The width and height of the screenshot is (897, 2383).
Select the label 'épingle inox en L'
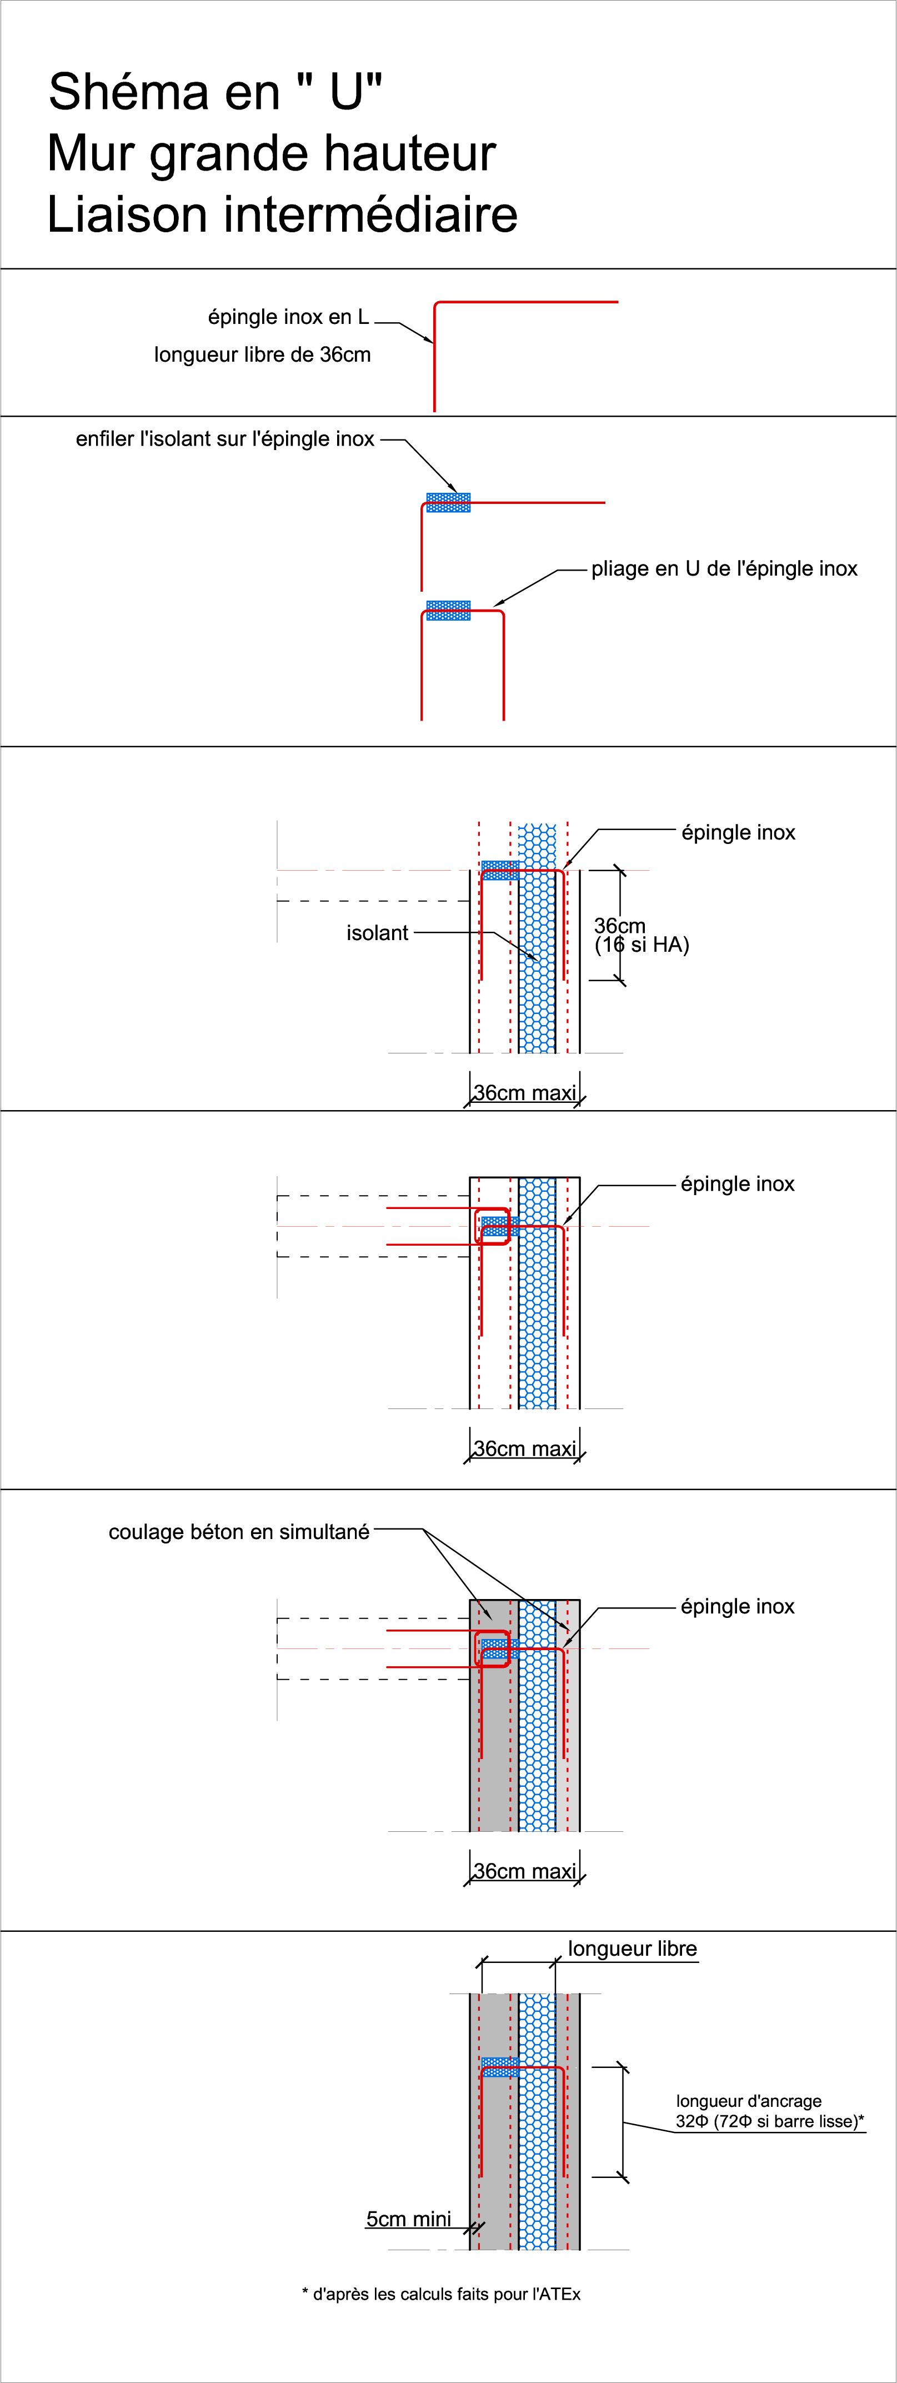(288, 317)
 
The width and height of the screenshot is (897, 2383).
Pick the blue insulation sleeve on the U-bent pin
(449, 611)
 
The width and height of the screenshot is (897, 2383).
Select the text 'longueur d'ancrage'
(748, 2101)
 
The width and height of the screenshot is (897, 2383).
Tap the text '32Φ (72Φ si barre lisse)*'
(769, 2121)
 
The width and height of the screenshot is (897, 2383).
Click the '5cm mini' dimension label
(409, 2219)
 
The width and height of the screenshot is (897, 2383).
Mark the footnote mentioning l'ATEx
(441, 2294)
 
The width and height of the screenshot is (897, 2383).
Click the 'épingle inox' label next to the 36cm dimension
(738, 832)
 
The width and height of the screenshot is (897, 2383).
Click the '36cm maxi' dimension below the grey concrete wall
(524, 1871)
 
